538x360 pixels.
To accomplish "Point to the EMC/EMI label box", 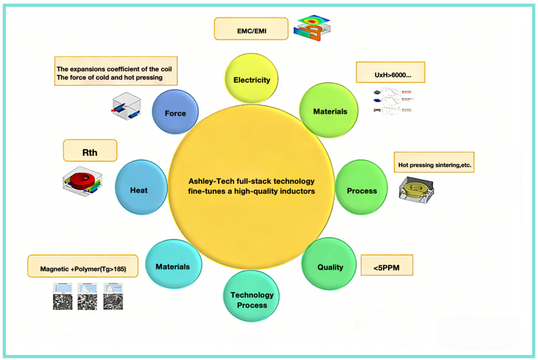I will (x=251, y=28).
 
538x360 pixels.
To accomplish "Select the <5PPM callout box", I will (x=387, y=265).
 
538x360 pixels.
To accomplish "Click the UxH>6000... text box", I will (x=390, y=72).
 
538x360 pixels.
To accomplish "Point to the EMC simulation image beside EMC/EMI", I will (x=313, y=27).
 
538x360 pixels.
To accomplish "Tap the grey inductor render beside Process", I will (x=418, y=191).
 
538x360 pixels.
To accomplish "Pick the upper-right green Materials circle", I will (x=330, y=111).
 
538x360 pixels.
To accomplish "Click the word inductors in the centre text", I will (x=297, y=191).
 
